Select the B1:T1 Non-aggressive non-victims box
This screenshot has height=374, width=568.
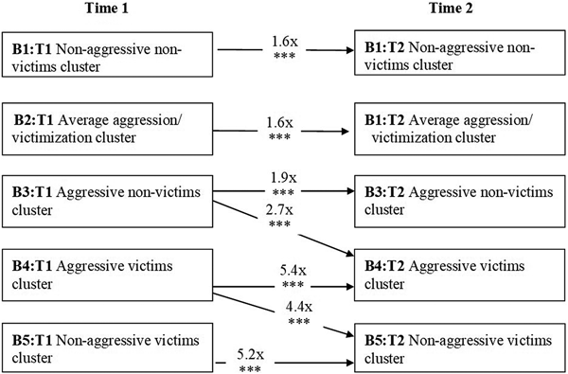click(106, 58)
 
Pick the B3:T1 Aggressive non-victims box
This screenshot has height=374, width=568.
click(106, 200)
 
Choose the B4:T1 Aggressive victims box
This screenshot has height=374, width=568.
click(106, 274)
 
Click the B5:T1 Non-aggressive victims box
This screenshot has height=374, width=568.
click(106, 347)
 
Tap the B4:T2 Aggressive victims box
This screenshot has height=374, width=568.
click(459, 274)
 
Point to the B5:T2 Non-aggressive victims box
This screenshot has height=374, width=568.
click(459, 347)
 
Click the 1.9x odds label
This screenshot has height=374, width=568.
click(280, 176)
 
